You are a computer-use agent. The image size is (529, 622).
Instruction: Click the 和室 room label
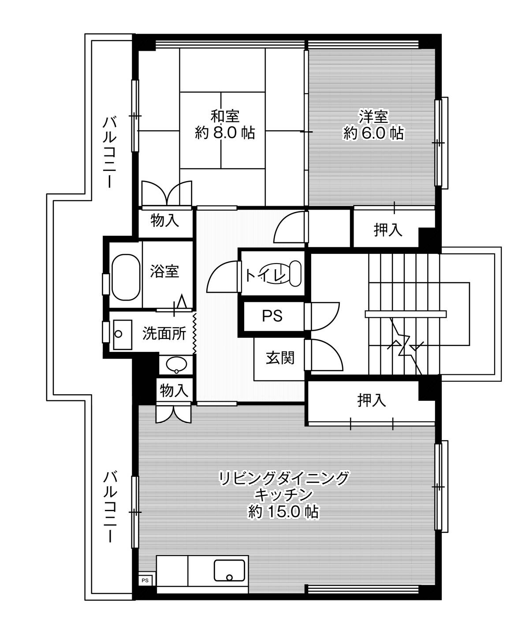click(225, 116)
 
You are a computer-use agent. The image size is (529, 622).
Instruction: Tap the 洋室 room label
click(373, 117)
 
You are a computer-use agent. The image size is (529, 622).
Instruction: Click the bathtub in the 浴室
click(125, 277)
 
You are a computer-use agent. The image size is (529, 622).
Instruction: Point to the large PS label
click(272, 316)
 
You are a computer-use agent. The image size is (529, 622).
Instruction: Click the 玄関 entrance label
click(279, 358)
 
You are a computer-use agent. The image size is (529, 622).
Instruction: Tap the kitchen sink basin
click(230, 570)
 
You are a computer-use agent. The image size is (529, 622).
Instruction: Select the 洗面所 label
click(164, 334)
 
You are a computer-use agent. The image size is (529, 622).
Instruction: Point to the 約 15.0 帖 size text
click(283, 511)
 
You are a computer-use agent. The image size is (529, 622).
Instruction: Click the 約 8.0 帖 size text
click(225, 132)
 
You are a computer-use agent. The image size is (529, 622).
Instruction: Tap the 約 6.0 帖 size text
click(373, 133)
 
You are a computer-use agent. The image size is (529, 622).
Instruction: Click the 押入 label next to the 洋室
click(388, 230)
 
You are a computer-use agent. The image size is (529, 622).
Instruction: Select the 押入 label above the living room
click(371, 400)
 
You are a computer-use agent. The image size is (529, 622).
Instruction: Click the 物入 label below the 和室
click(165, 220)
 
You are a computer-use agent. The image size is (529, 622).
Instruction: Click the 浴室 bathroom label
click(164, 271)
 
